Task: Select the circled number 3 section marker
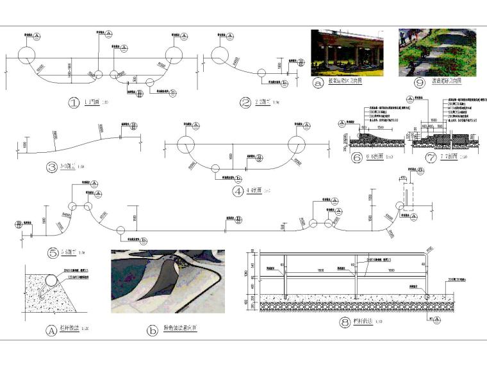tap(52, 168)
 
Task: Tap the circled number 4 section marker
tap(238, 190)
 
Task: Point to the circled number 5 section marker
tap(53, 253)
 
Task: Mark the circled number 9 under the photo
tap(420, 82)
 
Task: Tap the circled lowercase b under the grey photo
tap(153, 331)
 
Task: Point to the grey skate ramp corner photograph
tap(168, 281)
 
